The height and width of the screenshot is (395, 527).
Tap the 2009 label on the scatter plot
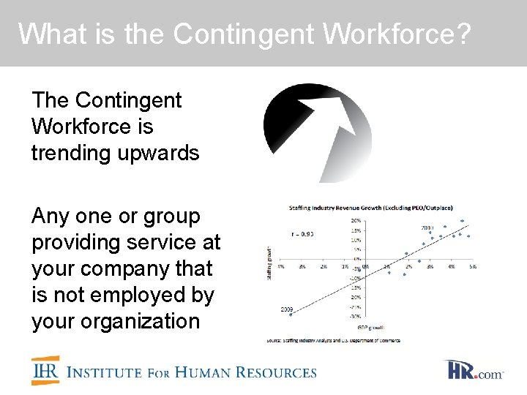[x=288, y=309]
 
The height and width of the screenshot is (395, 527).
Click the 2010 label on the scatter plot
[x=427, y=227]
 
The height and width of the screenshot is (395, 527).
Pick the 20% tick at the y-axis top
[x=356, y=220]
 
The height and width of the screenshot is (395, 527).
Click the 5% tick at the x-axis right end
[x=473, y=267]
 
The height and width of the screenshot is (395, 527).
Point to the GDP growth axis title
[x=370, y=327]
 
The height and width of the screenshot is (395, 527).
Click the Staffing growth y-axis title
[x=271, y=261]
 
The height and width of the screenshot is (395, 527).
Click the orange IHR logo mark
[x=45, y=370]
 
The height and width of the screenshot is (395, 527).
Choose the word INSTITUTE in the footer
[x=104, y=372]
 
